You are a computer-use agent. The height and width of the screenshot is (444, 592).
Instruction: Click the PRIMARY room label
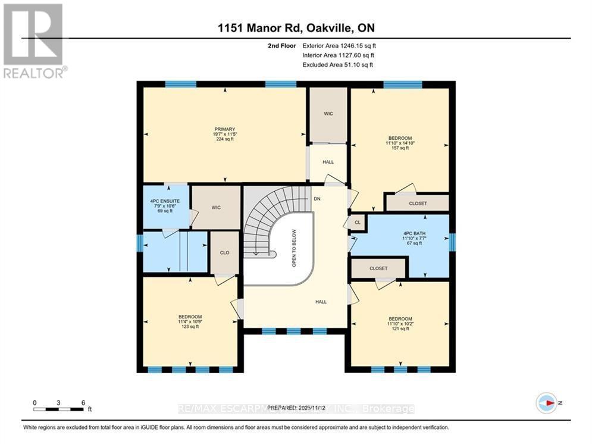(x=225, y=129)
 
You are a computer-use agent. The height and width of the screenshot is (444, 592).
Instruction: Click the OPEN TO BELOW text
(x=294, y=248)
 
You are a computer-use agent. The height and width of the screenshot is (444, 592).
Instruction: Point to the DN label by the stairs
(x=317, y=199)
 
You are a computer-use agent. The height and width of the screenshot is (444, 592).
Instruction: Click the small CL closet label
(x=357, y=222)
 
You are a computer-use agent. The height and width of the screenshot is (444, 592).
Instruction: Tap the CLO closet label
(x=225, y=253)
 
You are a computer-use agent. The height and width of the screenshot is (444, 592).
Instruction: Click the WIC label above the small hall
(x=328, y=114)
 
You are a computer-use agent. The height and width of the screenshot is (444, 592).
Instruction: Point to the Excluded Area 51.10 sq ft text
(x=338, y=65)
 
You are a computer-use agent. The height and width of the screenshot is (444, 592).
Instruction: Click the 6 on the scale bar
(x=83, y=402)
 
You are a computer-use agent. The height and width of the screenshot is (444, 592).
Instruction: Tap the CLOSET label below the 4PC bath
(x=378, y=268)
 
